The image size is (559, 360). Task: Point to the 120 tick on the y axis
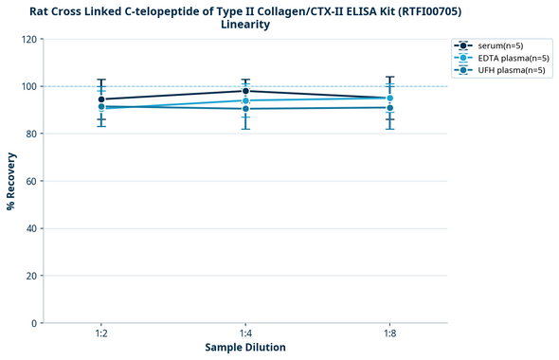tap(28, 39)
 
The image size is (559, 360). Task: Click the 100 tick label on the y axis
tap(28, 86)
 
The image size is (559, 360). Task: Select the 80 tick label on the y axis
tap(30, 134)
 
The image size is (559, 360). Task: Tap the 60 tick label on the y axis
tap(30, 181)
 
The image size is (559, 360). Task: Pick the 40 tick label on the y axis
tap(30, 228)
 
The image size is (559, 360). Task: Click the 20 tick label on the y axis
tap(30, 276)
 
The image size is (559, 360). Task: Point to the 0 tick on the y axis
tap(33, 323)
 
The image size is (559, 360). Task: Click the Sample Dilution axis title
tap(245, 348)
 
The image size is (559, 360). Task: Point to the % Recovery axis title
tap(11, 181)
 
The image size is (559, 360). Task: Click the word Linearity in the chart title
tap(244, 25)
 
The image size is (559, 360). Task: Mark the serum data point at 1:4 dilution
tap(245, 91)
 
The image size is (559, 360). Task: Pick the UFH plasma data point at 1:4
tap(245, 109)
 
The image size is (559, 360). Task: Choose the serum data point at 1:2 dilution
tap(101, 99)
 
